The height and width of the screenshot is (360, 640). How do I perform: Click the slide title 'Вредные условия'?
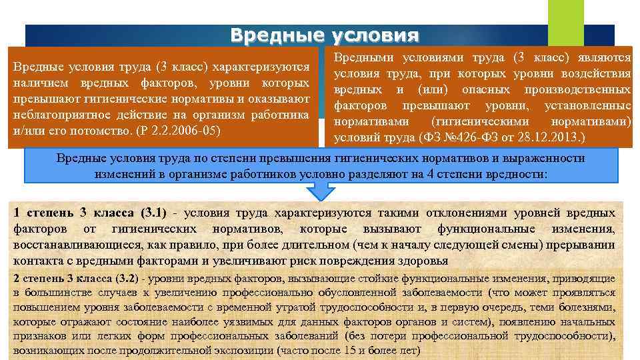click(325, 35)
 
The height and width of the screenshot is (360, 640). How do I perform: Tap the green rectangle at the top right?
click(565, 20)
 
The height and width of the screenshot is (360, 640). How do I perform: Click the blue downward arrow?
click(320, 191)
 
